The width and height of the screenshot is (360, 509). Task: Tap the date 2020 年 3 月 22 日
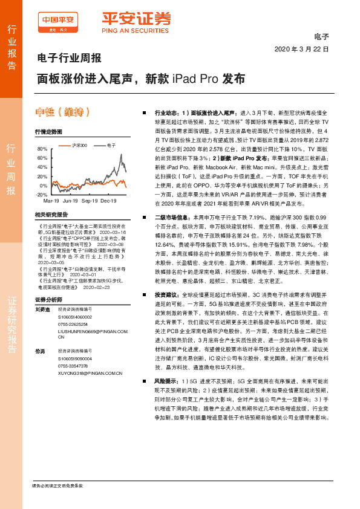(302, 49)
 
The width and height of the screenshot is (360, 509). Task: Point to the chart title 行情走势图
(48, 131)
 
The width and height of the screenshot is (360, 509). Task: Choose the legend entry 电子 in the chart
(111, 145)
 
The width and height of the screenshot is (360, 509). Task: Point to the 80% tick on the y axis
(42, 149)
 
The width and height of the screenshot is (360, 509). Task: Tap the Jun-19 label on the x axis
(71, 200)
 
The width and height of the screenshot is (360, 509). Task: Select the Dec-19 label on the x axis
(108, 200)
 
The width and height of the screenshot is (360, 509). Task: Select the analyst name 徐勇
(39, 351)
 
